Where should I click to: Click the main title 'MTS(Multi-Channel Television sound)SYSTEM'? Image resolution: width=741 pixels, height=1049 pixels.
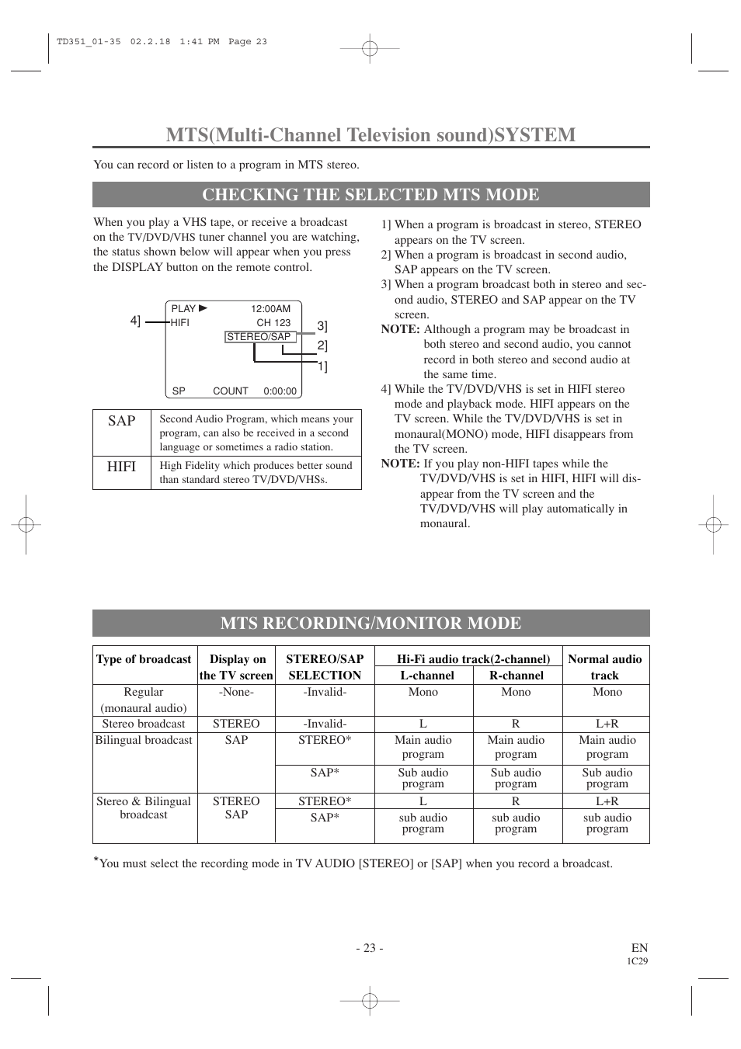coord(370,134)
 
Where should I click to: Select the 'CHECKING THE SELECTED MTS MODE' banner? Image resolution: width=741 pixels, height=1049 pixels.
coord(370,194)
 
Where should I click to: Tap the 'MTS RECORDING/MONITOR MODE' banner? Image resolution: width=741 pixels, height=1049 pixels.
coord(370,623)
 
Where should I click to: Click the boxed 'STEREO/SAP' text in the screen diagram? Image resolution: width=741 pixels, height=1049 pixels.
coord(259,337)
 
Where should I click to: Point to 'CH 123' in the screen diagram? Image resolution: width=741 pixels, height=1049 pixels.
coord(273,323)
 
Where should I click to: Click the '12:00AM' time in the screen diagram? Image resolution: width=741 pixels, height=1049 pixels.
coord(270,309)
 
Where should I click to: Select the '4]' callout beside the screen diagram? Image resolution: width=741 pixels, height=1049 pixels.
coord(135,321)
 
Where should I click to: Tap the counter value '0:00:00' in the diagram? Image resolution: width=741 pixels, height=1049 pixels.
coord(280,391)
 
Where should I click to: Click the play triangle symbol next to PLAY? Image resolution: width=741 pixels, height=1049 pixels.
coord(204,308)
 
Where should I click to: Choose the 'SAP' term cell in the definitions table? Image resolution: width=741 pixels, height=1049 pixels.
coord(122,421)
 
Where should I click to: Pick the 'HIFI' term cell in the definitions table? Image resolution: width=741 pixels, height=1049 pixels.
coord(122,466)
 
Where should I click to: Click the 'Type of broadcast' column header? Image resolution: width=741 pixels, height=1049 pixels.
coord(144,659)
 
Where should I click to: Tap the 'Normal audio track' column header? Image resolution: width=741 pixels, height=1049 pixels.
coord(605,667)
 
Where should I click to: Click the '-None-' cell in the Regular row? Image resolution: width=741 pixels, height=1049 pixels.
coord(236,692)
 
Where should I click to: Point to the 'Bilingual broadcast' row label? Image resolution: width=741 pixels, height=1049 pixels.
coord(144,740)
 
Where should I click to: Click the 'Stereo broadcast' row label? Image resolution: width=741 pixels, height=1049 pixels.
coord(144,724)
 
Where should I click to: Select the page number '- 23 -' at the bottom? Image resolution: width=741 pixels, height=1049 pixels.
coord(370,947)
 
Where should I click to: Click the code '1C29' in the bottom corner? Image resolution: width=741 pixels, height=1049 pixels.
coord(637,961)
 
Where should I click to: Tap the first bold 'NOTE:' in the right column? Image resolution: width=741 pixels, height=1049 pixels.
coord(400,329)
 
